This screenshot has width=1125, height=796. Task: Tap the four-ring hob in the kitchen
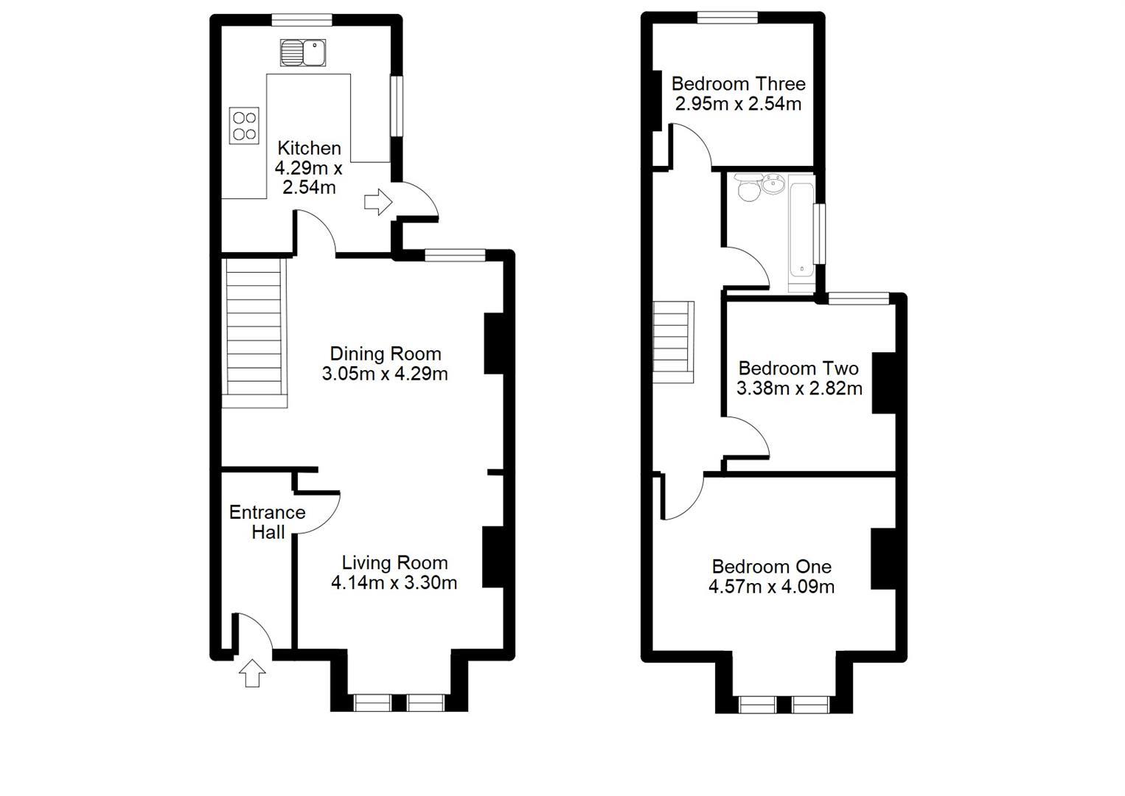tap(244, 125)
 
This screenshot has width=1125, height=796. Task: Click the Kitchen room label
tap(309, 148)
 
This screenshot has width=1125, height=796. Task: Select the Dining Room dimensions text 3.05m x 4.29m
tap(385, 374)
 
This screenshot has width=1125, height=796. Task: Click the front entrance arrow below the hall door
tap(253, 673)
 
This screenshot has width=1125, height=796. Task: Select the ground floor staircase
tap(254, 332)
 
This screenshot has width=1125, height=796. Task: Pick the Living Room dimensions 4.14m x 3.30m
tap(394, 583)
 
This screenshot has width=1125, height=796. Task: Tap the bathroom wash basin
tap(773, 184)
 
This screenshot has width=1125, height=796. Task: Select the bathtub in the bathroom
tap(801, 230)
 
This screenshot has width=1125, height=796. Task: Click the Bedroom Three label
tap(738, 84)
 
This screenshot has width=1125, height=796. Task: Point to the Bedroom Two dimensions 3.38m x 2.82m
tap(799, 388)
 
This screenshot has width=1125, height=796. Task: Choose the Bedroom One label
tap(771, 567)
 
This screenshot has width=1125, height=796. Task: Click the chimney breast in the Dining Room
tap(493, 343)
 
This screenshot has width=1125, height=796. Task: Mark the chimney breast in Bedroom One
tap(882, 558)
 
